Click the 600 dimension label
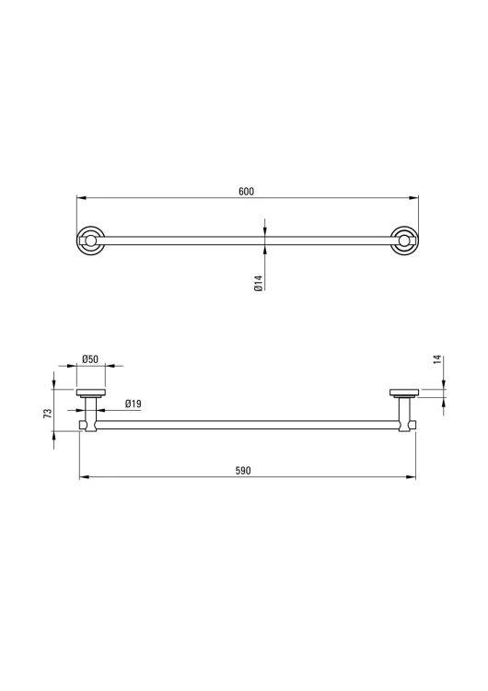point(246,192)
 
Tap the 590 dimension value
point(243,471)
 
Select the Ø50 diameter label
point(90,359)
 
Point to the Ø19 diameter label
point(133,404)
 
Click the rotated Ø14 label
point(259,283)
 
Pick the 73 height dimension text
point(48,414)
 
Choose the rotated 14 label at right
point(437,359)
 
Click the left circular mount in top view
point(90,240)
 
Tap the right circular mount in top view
point(405,240)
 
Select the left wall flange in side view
point(91,393)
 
